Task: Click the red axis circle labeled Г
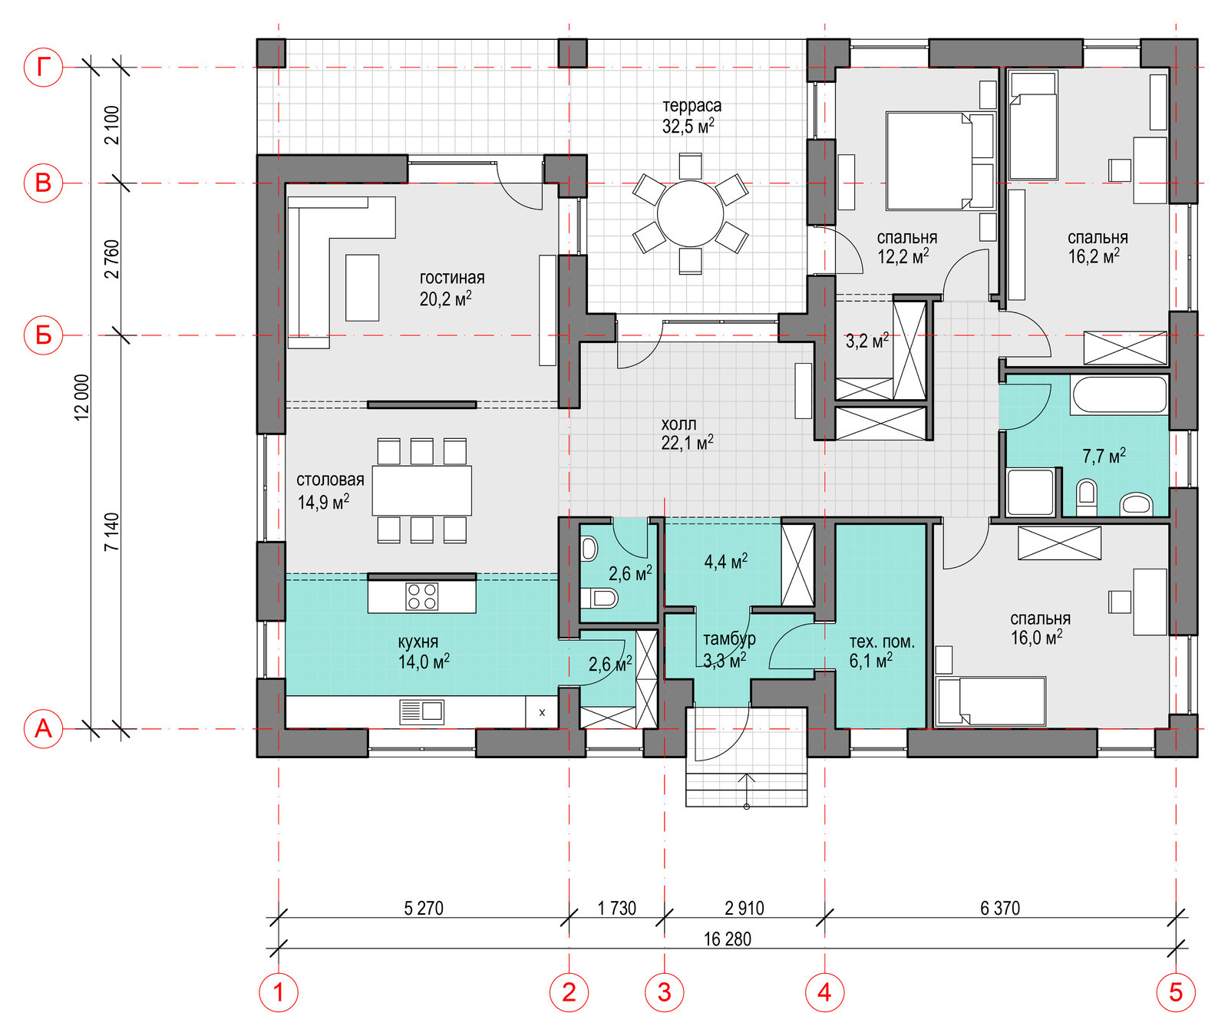click(44, 68)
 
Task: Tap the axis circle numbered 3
click(665, 992)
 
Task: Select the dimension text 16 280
click(728, 939)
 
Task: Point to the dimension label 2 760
click(112, 259)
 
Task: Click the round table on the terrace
click(690, 214)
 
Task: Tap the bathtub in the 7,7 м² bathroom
click(1120, 395)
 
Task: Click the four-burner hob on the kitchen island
click(421, 596)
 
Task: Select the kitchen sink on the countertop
click(422, 711)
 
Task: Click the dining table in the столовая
click(422, 490)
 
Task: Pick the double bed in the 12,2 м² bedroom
click(940, 161)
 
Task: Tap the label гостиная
click(452, 278)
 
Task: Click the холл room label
click(679, 424)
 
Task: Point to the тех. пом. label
click(882, 642)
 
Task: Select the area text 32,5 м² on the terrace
click(688, 126)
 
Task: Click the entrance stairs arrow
click(747, 790)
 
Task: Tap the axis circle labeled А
click(44, 728)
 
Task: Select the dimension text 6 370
click(1000, 909)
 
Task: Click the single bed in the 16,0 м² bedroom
click(992, 700)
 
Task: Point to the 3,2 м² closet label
click(867, 340)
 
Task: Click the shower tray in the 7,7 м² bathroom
click(1031, 492)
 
